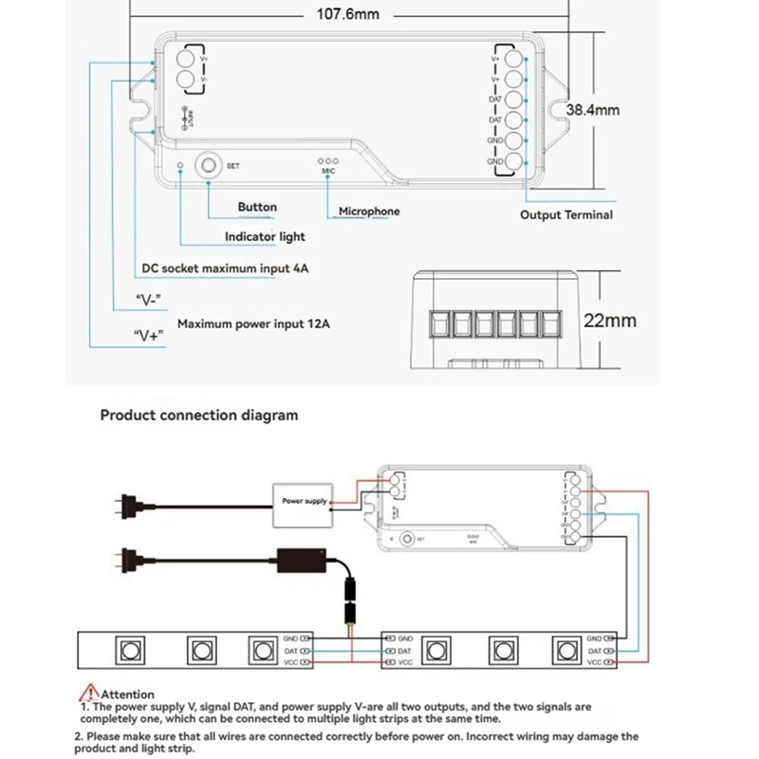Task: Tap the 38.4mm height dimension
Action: coord(593,110)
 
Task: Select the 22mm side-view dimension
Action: coord(609,321)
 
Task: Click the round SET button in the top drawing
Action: coord(207,165)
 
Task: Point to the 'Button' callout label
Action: coord(257,207)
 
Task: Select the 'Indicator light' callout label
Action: coord(265,236)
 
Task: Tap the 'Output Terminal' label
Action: coord(566,215)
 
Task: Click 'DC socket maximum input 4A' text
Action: coord(225,268)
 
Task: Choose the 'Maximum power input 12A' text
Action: coord(254,324)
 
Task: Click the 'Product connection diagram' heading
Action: coord(199,415)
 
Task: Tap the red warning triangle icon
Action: coord(91,693)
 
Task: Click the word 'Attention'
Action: coord(128,694)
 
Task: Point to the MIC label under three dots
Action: coord(328,172)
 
